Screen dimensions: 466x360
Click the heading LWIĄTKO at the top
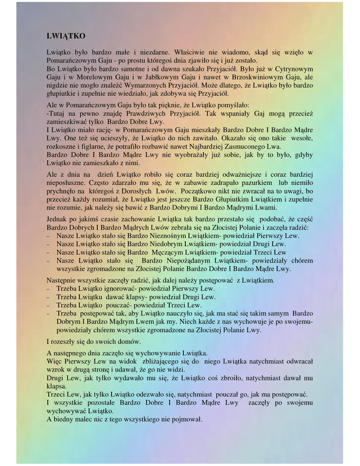tap(66, 36)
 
